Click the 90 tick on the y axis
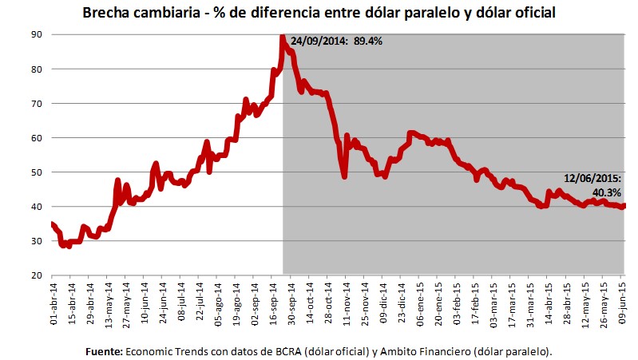(37, 34)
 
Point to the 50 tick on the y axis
(37, 172)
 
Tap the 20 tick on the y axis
(37, 275)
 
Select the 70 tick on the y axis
(37, 104)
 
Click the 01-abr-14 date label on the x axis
(52, 300)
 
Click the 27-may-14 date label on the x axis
(125, 300)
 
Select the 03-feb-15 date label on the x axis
(456, 300)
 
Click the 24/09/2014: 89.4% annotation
(336, 42)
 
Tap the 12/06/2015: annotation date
(593, 180)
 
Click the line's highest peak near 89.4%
(283, 37)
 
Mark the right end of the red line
(624, 206)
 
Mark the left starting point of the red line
(52, 224)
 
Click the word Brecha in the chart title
(105, 14)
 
